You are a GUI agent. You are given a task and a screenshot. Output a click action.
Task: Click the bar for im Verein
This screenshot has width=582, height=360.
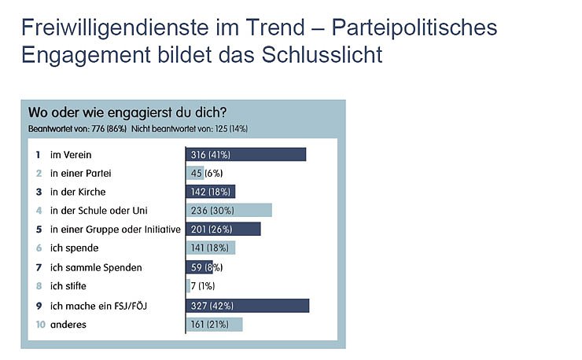(245, 154)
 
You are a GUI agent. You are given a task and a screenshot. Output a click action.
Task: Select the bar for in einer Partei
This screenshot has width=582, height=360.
(195, 173)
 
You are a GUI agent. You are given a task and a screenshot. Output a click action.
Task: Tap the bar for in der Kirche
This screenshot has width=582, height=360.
(210, 192)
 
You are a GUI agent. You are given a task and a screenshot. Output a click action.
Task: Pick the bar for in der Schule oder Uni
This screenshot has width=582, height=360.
(229, 211)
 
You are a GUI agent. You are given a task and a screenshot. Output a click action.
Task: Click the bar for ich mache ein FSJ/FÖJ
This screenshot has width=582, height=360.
(247, 305)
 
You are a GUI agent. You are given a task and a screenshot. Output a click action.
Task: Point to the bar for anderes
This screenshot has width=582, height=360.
(214, 324)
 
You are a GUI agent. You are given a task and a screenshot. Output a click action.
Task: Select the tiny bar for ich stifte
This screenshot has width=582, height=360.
(188, 286)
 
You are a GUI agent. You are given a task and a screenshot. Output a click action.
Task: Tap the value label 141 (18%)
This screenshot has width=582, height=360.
(209, 248)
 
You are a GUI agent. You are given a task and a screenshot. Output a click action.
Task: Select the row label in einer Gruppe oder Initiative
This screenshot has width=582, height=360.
(115, 230)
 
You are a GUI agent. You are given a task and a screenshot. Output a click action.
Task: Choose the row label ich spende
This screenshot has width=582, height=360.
(74, 248)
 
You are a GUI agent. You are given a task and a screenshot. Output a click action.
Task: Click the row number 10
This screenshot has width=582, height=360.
(38, 324)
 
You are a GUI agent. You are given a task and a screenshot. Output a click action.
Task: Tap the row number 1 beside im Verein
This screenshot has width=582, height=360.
(38, 154)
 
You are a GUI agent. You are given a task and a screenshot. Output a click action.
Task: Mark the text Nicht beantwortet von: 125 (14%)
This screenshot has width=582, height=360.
(190, 128)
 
